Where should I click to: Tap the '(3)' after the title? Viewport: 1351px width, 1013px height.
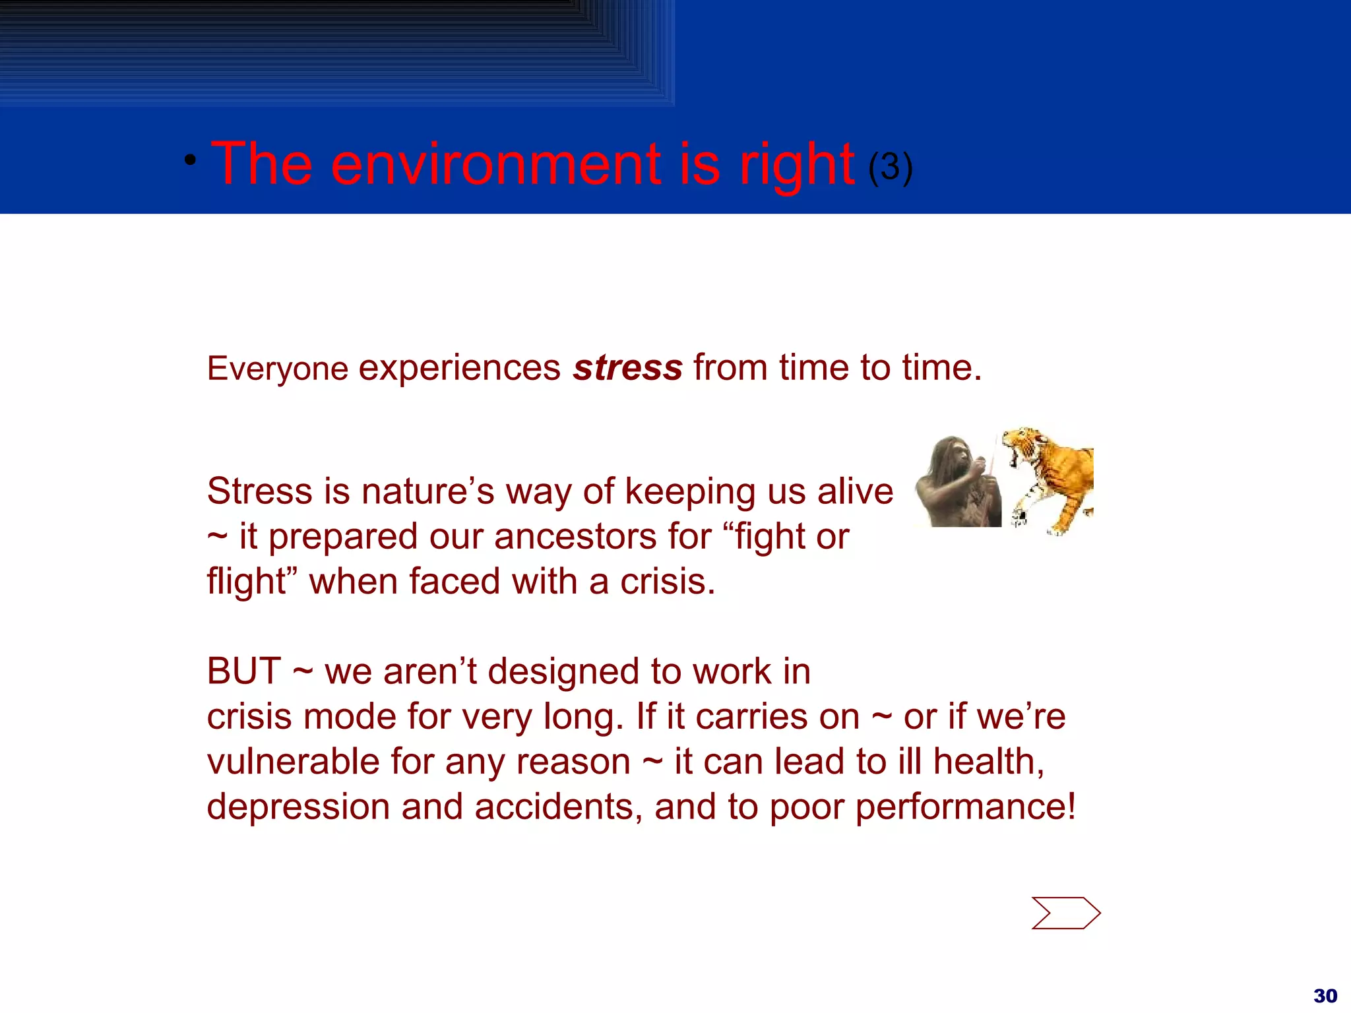(890, 168)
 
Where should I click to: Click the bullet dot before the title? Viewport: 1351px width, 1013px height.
(190, 160)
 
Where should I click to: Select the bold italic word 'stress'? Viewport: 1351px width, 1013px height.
(627, 367)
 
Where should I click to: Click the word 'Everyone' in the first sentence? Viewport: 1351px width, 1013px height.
(278, 369)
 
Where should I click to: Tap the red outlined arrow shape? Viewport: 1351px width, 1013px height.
(1065, 913)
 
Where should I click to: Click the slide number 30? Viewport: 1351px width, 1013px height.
(1325, 995)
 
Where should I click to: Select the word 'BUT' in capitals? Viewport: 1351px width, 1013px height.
(244, 671)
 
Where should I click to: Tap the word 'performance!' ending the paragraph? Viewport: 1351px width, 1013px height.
(965, 807)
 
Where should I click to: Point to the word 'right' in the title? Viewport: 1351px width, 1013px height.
(796, 165)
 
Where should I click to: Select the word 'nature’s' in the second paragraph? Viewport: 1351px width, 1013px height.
(427, 491)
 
